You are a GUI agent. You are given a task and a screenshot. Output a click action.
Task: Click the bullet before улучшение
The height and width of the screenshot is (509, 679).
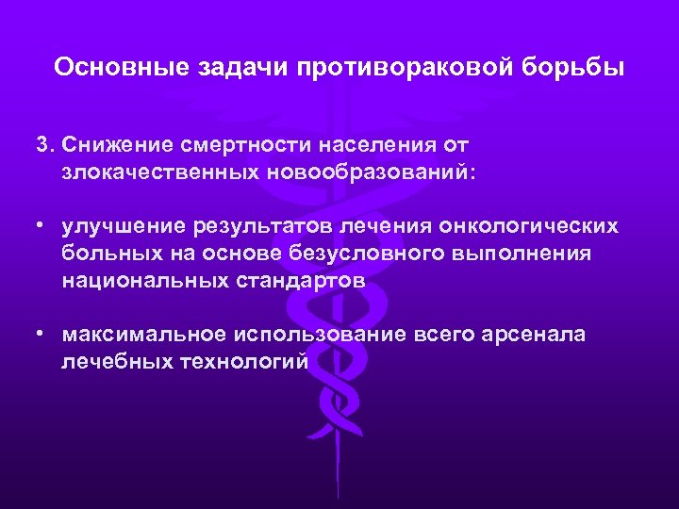42,227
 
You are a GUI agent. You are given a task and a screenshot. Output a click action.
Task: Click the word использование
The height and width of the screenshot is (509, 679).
314,335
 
